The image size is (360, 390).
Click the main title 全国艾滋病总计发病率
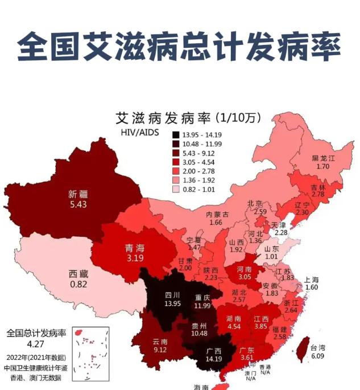click(x=180, y=46)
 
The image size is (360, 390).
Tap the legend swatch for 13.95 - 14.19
click(x=176, y=135)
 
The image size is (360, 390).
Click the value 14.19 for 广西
click(x=214, y=359)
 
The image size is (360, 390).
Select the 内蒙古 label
click(x=217, y=214)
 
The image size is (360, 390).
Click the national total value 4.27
click(x=36, y=343)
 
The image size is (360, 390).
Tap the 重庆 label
click(x=202, y=297)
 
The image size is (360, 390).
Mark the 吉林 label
click(x=318, y=187)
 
